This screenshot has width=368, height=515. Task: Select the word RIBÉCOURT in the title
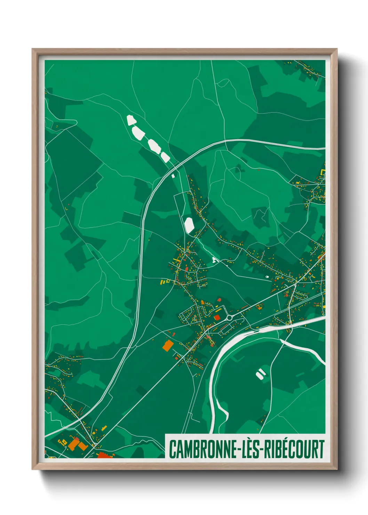294,449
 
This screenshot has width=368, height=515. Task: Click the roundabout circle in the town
229,317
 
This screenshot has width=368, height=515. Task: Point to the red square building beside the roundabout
217,317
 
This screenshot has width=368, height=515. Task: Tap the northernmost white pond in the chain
131,120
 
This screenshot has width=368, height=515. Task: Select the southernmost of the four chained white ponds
165,157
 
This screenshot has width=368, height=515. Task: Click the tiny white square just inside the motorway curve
173,176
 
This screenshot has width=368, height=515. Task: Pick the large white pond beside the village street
189,225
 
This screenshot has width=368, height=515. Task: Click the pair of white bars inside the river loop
261,374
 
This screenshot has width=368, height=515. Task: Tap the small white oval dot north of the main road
267,277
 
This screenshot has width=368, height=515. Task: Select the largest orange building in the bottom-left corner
74,445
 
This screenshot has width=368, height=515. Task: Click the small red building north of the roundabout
219,299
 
